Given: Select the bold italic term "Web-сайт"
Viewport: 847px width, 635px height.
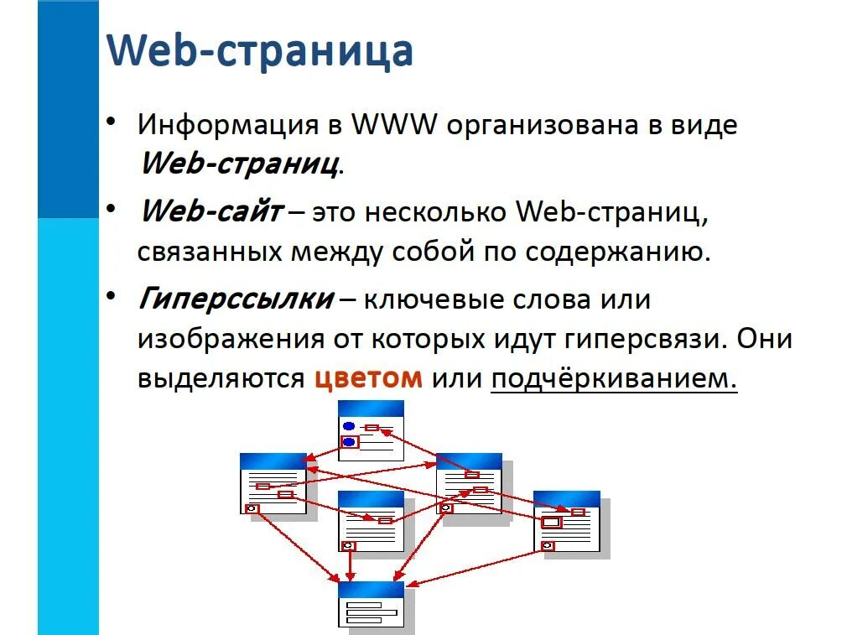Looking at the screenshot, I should coord(211,211).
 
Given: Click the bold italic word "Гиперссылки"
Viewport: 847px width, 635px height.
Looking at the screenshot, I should coord(236,299).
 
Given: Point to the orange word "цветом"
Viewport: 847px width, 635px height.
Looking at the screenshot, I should coord(369,378).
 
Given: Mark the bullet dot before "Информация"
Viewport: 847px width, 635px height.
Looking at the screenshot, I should coord(112,122).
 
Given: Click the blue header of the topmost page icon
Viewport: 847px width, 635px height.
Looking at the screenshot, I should coord(371,408).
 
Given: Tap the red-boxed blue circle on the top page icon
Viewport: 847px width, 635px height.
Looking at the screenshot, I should coord(349,441).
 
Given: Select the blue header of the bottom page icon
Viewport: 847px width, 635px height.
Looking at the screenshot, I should coord(371,589).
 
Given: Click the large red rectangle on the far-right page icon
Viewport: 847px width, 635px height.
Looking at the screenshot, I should coord(551,523).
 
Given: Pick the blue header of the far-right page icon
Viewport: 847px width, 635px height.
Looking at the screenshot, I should coord(567,498).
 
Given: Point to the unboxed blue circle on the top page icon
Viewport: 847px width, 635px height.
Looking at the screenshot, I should coord(349,426).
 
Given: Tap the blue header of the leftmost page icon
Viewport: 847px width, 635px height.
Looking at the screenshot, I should coord(273,461).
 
